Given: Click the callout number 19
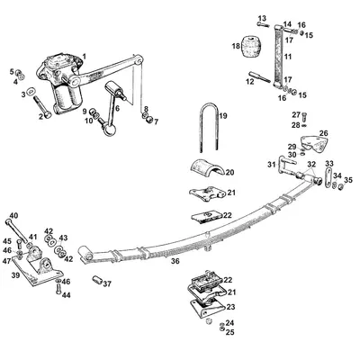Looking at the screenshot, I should [224, 116].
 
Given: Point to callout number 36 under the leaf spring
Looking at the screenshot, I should [175, 262].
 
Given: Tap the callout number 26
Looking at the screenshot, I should [323, 133].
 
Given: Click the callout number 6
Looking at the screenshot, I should [116, 107].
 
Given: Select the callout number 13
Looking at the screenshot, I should [262, 19].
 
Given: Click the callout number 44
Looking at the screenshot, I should [66, 294].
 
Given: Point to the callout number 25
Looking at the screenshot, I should [230, 333].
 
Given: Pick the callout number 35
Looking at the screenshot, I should [348, 180].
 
